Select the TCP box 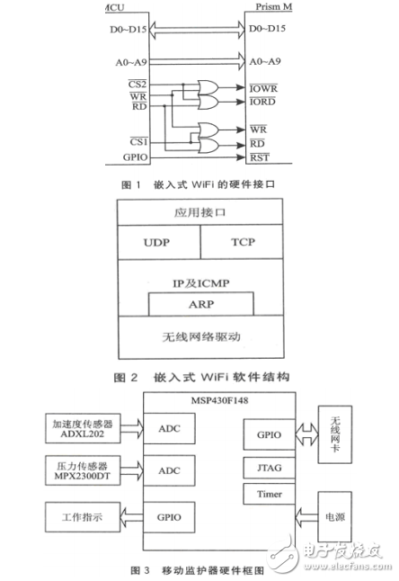[239, 242]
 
